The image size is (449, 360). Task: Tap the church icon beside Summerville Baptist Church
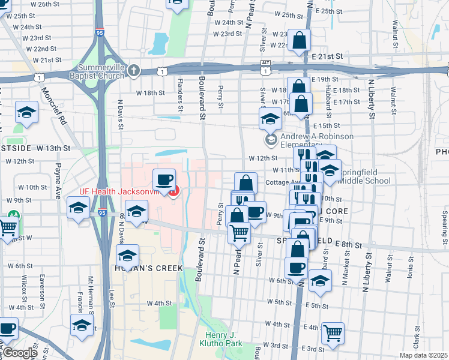(133, 71)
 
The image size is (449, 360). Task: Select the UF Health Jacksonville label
(122, 192)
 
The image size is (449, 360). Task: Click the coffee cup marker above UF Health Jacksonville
(164, 179)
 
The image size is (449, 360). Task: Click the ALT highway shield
(266, 62)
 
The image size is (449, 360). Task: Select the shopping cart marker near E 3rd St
(333, 332)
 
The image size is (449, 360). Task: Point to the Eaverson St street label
(43, 288)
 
